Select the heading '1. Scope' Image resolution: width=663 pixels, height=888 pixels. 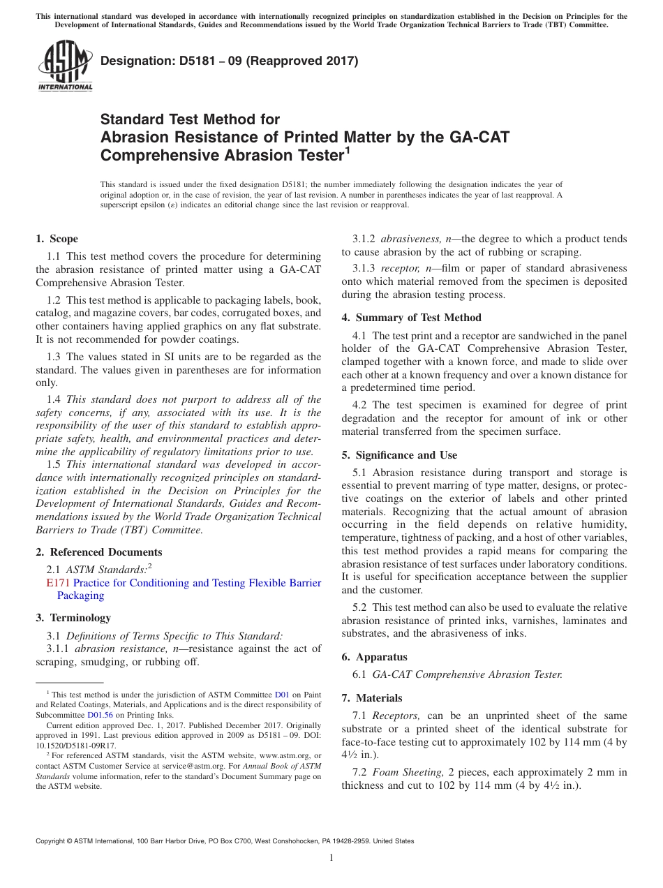coord(57,239)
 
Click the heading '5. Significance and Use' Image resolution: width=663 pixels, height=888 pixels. coord(399,455)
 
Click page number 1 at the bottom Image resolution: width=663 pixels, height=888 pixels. coord(331,857)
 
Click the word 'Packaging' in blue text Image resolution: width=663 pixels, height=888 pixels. coord(80,595)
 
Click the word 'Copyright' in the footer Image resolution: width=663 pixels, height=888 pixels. coord(52,841)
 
